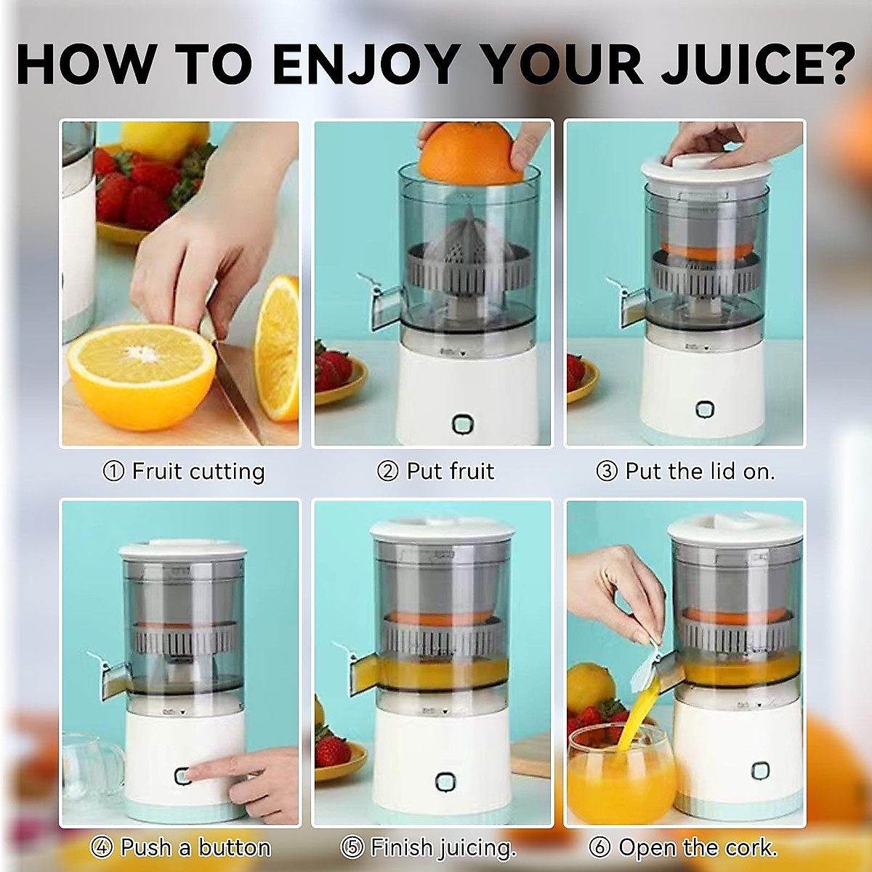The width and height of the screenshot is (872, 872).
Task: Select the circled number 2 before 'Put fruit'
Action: point(387,472)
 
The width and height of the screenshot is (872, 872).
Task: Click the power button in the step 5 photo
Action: point(445,783)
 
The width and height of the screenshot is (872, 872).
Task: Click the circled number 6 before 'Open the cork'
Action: point(599,847)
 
